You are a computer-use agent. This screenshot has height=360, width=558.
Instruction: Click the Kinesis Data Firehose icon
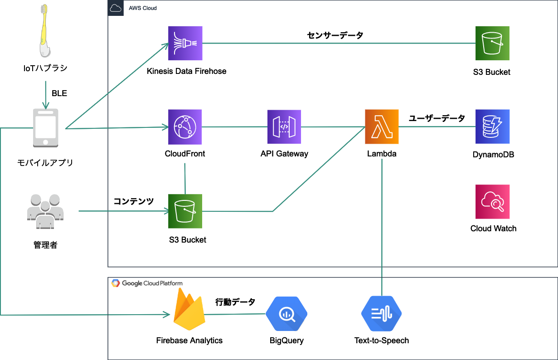pos(185,43)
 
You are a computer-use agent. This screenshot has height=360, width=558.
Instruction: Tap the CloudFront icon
pos(185,126)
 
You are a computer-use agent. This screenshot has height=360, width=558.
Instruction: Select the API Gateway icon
pos(284,126)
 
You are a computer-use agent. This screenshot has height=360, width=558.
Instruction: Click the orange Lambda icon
pos(382,126)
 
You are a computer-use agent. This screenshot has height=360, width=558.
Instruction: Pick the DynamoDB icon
pos(492,126)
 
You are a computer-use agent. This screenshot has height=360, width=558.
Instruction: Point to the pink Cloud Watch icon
pos(493,202)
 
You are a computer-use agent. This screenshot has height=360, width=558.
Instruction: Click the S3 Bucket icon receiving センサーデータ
pos(492,43)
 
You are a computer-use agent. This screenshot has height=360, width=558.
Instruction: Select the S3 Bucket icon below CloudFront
pos(185,211)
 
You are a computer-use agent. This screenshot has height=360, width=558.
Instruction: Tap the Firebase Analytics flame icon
pos(189,312)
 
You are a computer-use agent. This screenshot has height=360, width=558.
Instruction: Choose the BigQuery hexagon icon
pos(286,314)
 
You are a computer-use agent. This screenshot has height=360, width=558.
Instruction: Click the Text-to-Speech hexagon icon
pos(382,314)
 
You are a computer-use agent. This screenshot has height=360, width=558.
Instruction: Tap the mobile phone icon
pos(45,127)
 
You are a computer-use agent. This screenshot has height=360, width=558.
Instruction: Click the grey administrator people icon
pos(45,211)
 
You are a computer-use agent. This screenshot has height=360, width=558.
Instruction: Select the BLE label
pos(59,93)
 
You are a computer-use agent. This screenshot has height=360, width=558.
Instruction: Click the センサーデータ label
pos(335,35)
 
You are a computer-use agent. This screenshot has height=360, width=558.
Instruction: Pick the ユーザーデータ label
pos(437,118)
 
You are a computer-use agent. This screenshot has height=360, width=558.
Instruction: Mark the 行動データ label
pos(235,302)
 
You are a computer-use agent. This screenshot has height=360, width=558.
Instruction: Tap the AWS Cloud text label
pos(143,8)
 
